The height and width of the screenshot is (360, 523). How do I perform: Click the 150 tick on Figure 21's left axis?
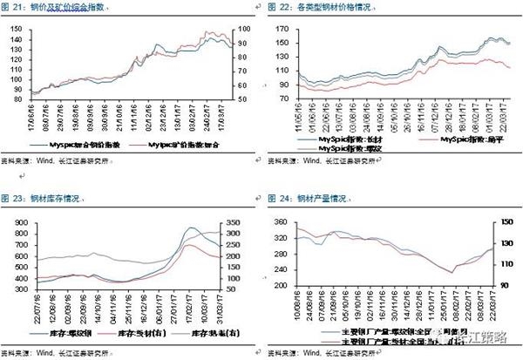point(16,27)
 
